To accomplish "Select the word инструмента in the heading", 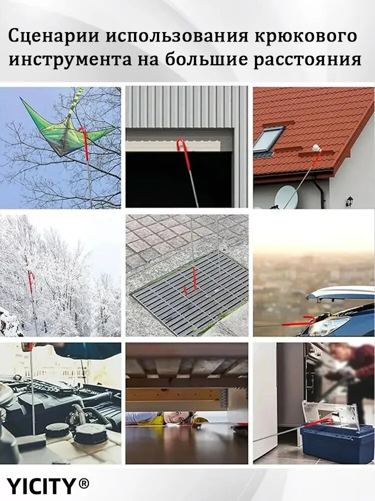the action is (x=69, y=59).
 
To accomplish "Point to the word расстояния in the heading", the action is (x=307, y=60).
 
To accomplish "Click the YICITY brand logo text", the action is (x=41, y=486).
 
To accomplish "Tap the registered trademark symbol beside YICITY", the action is (x=83, y=484).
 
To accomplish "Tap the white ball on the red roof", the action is (x=316, y=148).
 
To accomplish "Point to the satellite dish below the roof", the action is (x=286, y=196).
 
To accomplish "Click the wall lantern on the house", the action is (x=350, y=201).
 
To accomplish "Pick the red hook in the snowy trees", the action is (x=30, y=281).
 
